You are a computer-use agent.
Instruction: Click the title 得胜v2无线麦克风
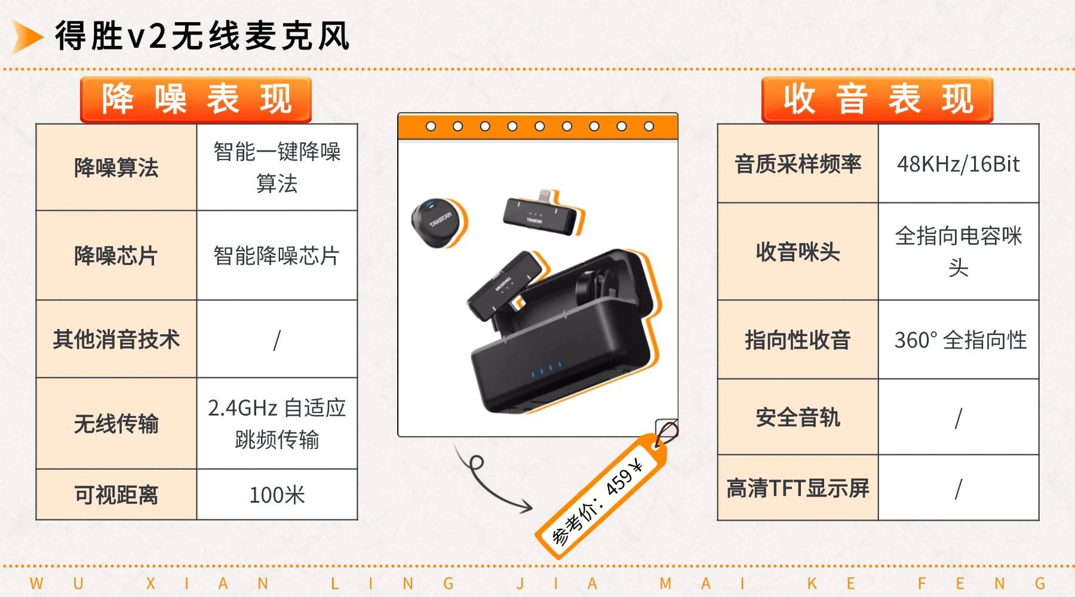pos(202,35)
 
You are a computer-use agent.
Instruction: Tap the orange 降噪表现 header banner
pos(196,100)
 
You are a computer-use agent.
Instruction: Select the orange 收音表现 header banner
pos(877,100)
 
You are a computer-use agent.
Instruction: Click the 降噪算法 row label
pos(116,167)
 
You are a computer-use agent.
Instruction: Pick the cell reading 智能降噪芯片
pos(277,256)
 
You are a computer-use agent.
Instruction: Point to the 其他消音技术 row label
pos(116,339)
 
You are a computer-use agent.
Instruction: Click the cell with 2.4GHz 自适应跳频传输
pos(277,423)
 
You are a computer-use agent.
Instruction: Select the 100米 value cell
pos(277,495)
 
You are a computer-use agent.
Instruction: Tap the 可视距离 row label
pos(116,495)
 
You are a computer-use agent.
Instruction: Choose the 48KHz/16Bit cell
pos(959,164)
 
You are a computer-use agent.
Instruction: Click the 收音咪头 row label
pos(798,251)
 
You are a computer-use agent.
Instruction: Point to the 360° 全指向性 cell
pos(959,340)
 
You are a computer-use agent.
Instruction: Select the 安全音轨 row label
pos(798,417)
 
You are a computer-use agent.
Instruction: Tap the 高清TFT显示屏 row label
pos(798,488)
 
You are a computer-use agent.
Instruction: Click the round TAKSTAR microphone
pos(439,221)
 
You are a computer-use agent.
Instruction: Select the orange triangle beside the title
pos(27,36)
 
